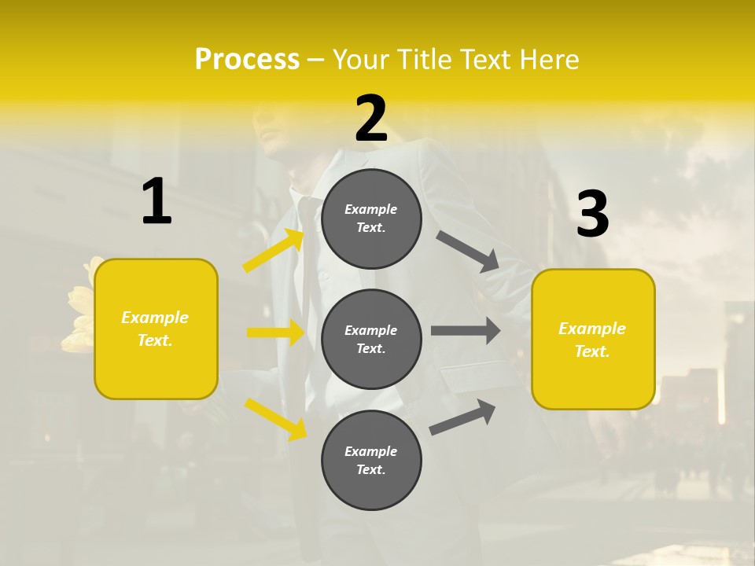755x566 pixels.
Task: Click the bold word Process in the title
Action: (247, 59)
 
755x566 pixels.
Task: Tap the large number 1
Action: (157, 201)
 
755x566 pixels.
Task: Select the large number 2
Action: (371, 119)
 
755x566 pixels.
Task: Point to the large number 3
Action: (592, 215)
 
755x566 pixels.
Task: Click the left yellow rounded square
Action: (156, 329)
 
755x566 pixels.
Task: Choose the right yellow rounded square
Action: (593, 339)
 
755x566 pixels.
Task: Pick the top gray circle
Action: (372, 219)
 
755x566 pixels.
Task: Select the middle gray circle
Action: (372, 339)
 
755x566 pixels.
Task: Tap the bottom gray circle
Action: (372, 460)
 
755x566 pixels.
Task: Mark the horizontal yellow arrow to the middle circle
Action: (275, 333)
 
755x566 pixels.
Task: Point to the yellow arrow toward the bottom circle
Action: (275, 418)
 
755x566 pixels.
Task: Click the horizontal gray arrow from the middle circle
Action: (466, 331)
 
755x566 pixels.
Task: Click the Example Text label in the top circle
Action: (371, 219)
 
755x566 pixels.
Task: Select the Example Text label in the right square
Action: (592, 340)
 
